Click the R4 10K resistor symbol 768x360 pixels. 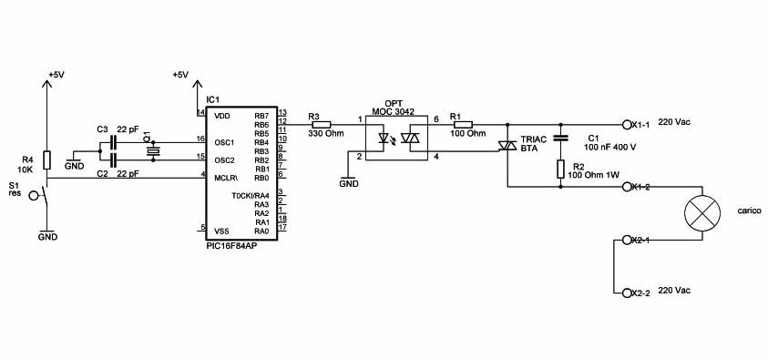(47, 160)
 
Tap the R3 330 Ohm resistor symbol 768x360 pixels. (321, 125)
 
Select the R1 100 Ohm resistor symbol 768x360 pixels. (463, 125)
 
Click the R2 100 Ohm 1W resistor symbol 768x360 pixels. (561, 170)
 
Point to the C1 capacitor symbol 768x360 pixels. (561, 138)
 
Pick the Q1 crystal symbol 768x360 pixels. (154, 151)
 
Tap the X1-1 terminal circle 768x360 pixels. (627, 125)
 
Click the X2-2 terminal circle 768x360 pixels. (627, 293)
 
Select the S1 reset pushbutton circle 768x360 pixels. (34, 196)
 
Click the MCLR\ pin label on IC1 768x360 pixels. (226, 178)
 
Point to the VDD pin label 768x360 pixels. (222, 116)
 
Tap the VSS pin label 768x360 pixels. (222, 231)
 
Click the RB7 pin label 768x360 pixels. (261, 116)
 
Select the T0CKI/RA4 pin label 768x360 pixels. (251, 195)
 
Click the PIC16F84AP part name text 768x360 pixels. (231, 246)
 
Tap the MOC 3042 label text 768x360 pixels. (393, 112)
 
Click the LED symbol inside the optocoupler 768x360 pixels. (384, 139)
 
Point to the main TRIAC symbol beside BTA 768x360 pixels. (507, 146)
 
